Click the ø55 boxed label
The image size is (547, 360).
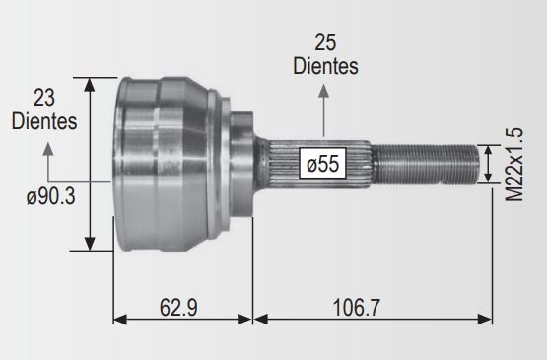pyautogui.click(x=322, y=163)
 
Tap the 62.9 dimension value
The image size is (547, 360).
pyautogui.click(x=178, y=308)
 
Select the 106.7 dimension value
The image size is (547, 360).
pyautogui.click(x=356, y=308)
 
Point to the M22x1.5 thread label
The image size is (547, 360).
pyautogui.click(x=514, y=165)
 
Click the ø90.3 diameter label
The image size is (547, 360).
pyautogui.click(x=51, y=197)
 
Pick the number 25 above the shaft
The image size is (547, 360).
pyautogui.click(x=325, y=42)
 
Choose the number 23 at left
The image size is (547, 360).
pyautogui.click(x=44, y=98)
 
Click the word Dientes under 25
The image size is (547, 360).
pyautogui.click(x=325, y=66)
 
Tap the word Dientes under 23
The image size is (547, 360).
pyautogui.click(x=44, y=121)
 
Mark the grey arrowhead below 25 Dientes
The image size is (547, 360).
pyautogui.click(x=323, y=91)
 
